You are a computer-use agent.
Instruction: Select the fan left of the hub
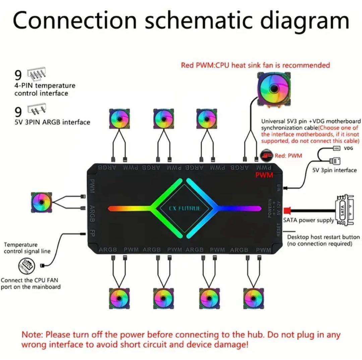(x=41, y=202)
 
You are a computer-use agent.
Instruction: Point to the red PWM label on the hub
(x=264, y=175)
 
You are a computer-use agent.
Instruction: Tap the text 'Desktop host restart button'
(x=323, y=237)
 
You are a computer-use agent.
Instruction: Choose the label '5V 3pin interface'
(x=334, y=170)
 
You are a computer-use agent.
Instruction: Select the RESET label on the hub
(x=278, y=230)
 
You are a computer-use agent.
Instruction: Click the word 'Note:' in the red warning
(x=33, y=335)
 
